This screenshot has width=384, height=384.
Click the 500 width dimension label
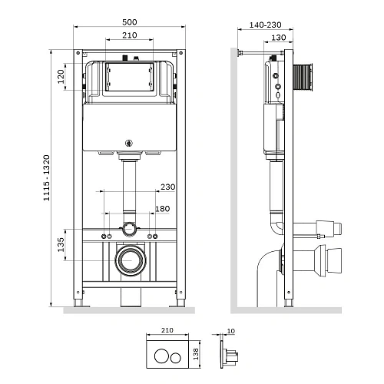tap(130, 22)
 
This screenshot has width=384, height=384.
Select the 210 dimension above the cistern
tap(130, 35)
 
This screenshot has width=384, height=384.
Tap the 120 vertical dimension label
tap(61, 76)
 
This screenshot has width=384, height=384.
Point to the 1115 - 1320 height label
tap(46, 177)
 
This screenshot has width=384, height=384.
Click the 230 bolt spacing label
tap(168, 187)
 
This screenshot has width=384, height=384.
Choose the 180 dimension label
tap(163, 209)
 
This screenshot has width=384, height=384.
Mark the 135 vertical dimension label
tap(61, 245)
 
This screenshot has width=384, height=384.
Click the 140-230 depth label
tap(265, 25)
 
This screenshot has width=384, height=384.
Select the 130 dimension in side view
tap(279, 38)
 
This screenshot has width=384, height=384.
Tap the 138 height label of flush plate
tap(196, 354)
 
